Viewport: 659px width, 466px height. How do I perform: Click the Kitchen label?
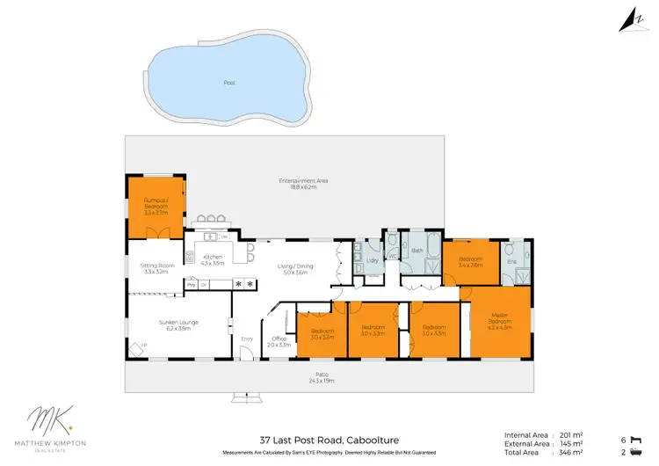click(214, 260)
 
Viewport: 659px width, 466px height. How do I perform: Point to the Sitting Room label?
click(154, 270)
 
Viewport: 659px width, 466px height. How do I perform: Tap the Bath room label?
click(418, 251)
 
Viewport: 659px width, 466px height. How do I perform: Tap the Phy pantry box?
click(190, 283)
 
